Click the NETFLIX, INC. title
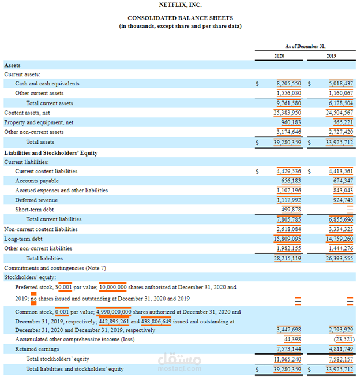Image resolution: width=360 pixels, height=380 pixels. pyautogui.click(x=180, y=5)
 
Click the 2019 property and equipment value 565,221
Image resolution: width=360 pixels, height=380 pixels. pyautogui.click(x=343, y=122)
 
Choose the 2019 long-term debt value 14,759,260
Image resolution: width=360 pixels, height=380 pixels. pyautogui.click(x=340, y=239)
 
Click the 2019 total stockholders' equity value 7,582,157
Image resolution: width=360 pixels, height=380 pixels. pyautogui.click(x=342, y=359)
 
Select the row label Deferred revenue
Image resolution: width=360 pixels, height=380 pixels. pyautogui.click(x=36, y=200)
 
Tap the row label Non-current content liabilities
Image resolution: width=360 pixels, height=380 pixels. pyautogui.click(x=41, y=229)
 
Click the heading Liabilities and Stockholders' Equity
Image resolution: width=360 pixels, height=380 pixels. pyautogui.click(x=51, y=153)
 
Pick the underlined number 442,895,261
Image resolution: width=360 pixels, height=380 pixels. pyautogui.click(x=114, y=321)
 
